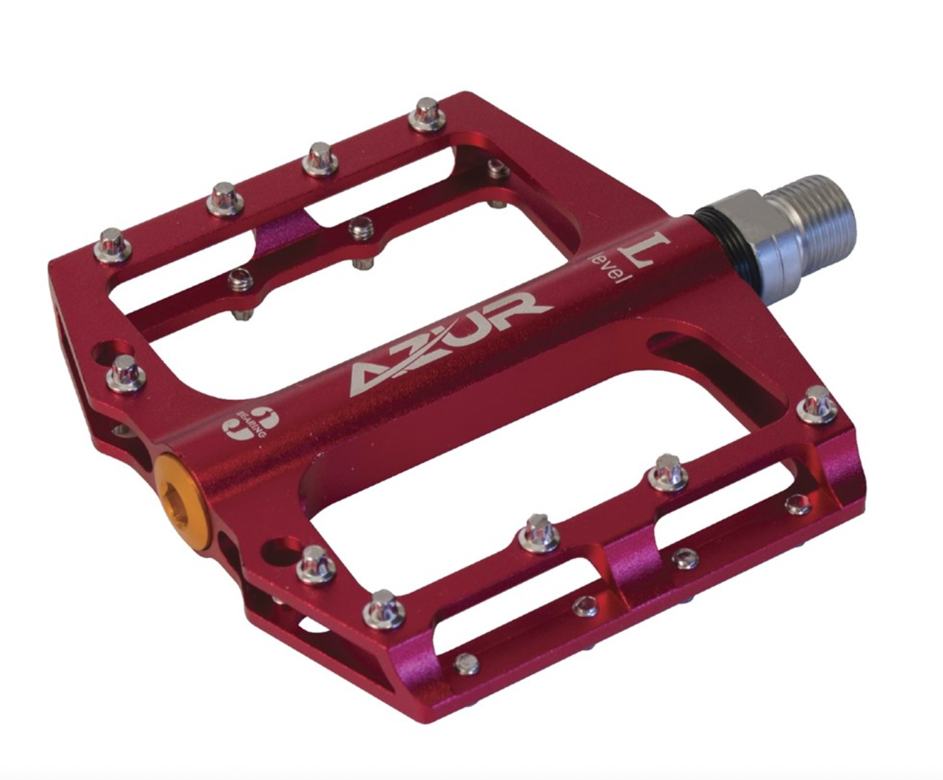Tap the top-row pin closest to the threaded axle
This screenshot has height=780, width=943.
click(x=427, y=113)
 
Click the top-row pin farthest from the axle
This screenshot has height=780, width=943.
click(x=112, y=242)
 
